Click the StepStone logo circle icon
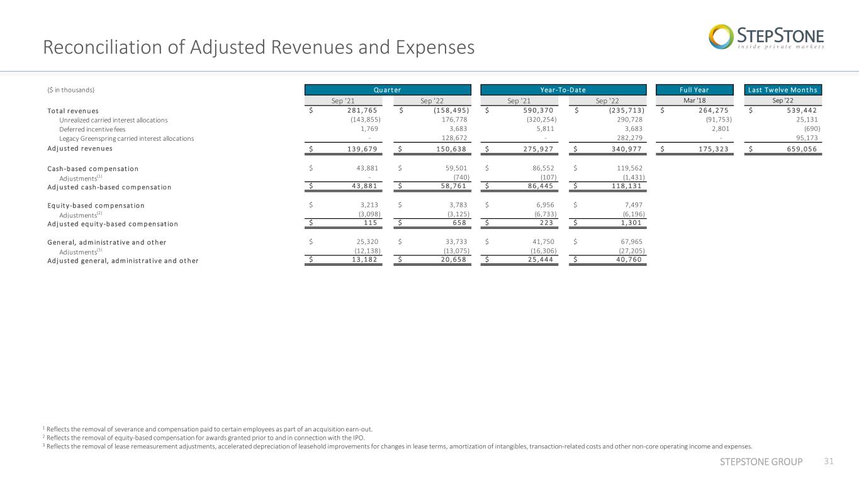point(721,37)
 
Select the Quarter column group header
point(388,90)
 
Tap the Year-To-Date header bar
point(563,90)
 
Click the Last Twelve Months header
point(783,90)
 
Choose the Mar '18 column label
point(695,101)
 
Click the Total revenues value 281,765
point(362,111)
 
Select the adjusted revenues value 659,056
point(802,149)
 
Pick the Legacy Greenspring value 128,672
point(454,138)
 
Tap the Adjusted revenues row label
point(80,148)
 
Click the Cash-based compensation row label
point(93,169)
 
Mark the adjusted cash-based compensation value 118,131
point(627,186)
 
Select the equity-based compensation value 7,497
point(634,205)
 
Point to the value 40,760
point(629,260)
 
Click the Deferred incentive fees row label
point(92,129)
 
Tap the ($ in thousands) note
point(70,90)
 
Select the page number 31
point(829,461)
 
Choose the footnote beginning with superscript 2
point(204,438)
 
